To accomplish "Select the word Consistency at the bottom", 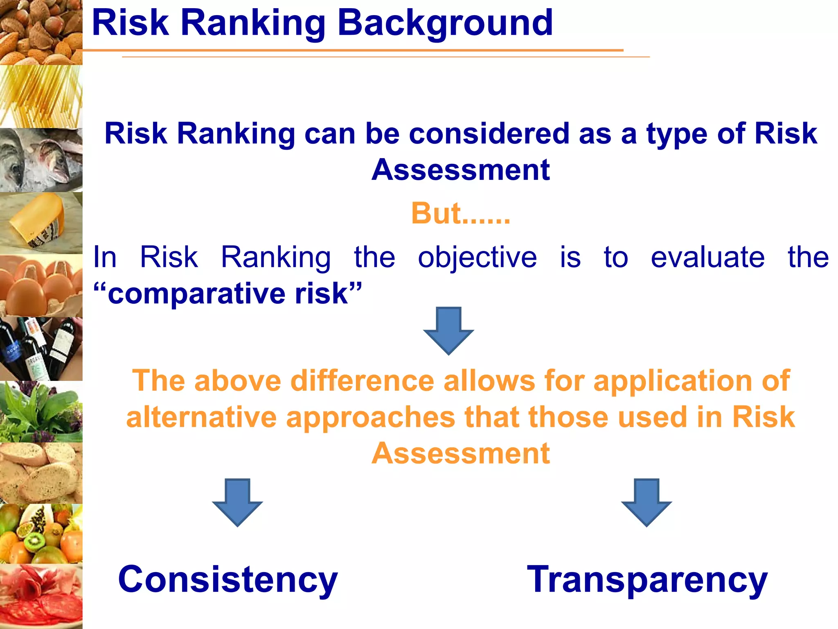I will [228, 579].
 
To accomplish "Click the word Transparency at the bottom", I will [647, 579].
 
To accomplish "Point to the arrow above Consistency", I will [237, 502].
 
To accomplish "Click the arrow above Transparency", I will [647, 502].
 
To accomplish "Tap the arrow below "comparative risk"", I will [448, 330].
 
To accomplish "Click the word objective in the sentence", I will [477, 258].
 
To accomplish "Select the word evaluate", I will [707, 258].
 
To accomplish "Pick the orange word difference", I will [362, 381].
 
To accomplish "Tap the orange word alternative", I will [201, 417].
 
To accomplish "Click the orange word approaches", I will [370, 418].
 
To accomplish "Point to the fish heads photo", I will [41, 160].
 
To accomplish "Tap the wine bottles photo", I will [41, 348].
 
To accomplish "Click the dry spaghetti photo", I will [41, 96].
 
